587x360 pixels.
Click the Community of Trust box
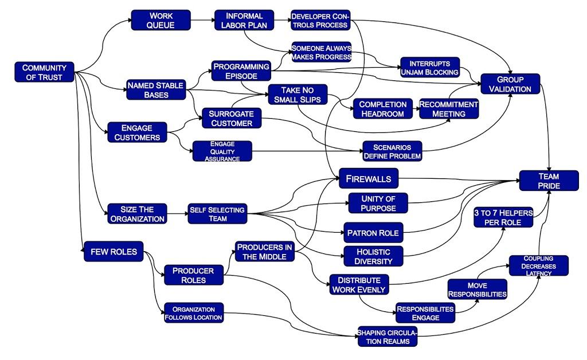[44, 72]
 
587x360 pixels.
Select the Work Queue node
[161, 20]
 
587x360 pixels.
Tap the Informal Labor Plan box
[244, 20]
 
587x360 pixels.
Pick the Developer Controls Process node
[320, 20]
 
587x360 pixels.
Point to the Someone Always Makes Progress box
[320, 52]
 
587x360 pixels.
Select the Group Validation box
[510, 84]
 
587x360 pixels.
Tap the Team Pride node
[549, 181]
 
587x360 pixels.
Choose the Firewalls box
[368, 179]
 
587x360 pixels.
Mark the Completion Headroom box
[383, 109]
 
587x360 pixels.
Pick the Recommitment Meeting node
[448, 109]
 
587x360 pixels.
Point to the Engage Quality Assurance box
[222, 151]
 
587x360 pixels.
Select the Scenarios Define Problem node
[392, 151]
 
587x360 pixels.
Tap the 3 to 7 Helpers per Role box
[503, 217]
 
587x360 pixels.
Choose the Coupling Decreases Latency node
[538, 265]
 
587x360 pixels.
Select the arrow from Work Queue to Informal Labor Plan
[202, 21]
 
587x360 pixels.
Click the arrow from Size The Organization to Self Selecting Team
[178, 214]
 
